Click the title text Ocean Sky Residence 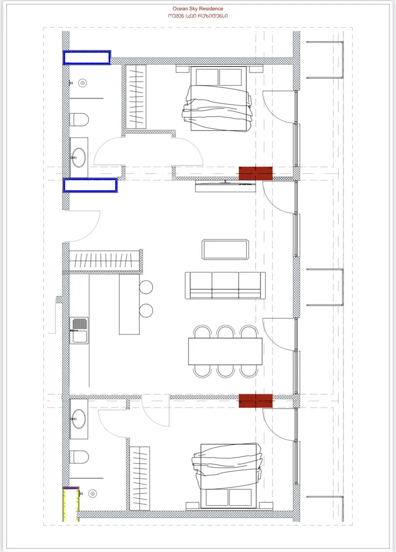pyautogui.click(x=197, y=8)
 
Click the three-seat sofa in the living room pyautogui.click(x=225, y=285)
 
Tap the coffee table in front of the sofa pyautogui.click(x=225, y=250)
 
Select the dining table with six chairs pyautogui.click(x=225, y=352)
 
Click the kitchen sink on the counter pyautogui.click(x=79, y=330)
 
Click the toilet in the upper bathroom pyautogui.click(x=79, y=120)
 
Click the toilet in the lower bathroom pyautogui.click(x=79, y=456)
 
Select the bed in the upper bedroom pyautogui.click(x=219, y=99)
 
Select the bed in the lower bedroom pyautogui.click(x=227, y=476)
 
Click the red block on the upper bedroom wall pyautogui.click(x=256, y=174)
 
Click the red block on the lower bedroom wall pyautogui.click(x=256, y=401)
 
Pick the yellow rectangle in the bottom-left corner pyautogui.click(x=70, y=504)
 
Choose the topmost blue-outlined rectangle pyautogui.click(x=87, y=58)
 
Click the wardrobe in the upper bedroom pyautogui.click(x=136, y=97)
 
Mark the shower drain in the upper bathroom pyautogui.click(x=82, y=83)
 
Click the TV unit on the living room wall pyautogui.click(x=225, y=187)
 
